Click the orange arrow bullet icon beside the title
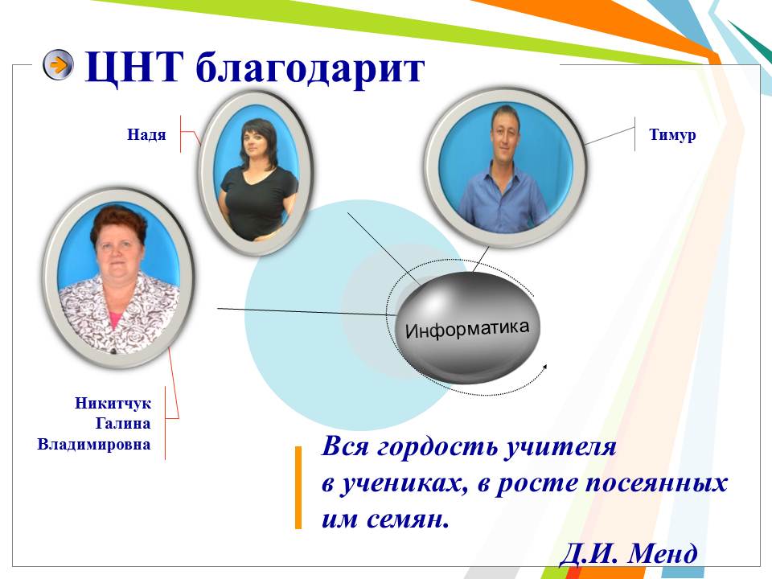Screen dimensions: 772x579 pyautogui.click(x=58, y=64)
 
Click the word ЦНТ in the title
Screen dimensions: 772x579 pyautogui.click(x=134, y=68)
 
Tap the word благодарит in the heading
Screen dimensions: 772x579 pyautogui.click(x=310, y=69)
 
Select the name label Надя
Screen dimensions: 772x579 pyautogui.click(x=146, y=134)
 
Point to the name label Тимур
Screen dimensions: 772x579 pyautogui.click(x=672, y=135)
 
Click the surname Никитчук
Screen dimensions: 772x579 pyautogui.click(x=113, y=403)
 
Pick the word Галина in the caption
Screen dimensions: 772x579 pyautogui.click(x=122, y=424)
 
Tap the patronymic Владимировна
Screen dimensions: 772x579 pyautogui.click(x=94, y=444)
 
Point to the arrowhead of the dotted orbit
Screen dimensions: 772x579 pyautogui.click(x=544, y=368)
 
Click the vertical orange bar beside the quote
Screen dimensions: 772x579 pyautogui.click(x=298, y=487)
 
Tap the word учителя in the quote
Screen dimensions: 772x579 pyautogui.click(x=561, y=448)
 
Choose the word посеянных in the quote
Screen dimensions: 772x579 pyautogui.click(x=656, y=483)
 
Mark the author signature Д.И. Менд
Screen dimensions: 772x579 pyautogui.click(x=629, y=553)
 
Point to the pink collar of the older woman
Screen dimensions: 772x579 pyautogui.click(x=116, y=320)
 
